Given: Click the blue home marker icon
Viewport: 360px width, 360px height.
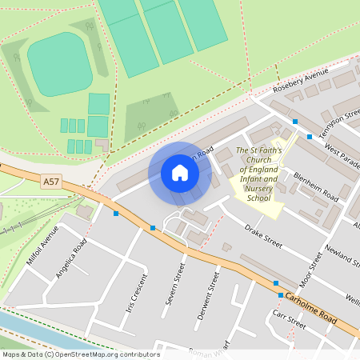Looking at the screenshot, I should (x=180, y=173).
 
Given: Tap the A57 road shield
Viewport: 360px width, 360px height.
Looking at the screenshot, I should (x=51, y=182).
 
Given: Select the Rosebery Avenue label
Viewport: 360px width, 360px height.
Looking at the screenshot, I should (x=301, y=82).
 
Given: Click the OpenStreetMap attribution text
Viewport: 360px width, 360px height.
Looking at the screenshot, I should (x=81, y=354).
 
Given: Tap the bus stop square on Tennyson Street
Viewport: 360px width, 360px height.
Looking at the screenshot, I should (x=295, y=122).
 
